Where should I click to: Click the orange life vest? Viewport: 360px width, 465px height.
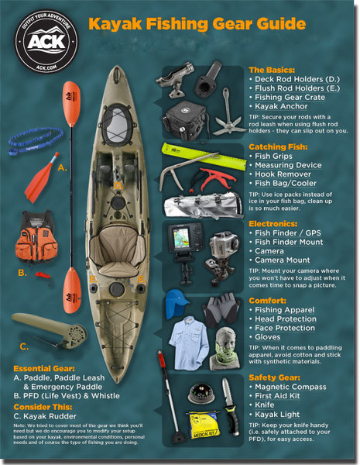[36, 238]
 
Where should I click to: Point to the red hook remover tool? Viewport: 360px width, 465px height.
[216, 178]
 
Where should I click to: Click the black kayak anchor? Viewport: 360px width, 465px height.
[225, 104]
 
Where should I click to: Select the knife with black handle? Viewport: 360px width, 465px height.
[225, 396]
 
